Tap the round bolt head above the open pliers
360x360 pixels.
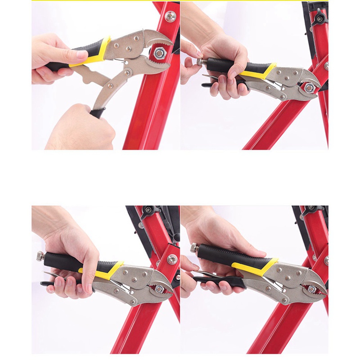[170, 17]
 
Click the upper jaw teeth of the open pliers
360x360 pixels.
[157, 43]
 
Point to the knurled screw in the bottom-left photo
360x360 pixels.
[40, 256]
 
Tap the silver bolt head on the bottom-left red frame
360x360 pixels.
[171, 259]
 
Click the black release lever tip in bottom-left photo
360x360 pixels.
[45, 285]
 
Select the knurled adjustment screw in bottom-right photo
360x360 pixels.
[193, 247]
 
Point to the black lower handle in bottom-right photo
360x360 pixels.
[225, 283]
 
